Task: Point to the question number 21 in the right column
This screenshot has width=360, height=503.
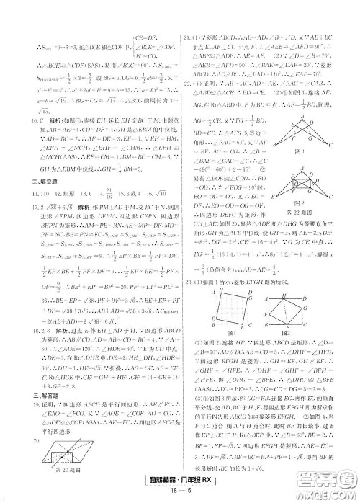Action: point(186,36)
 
